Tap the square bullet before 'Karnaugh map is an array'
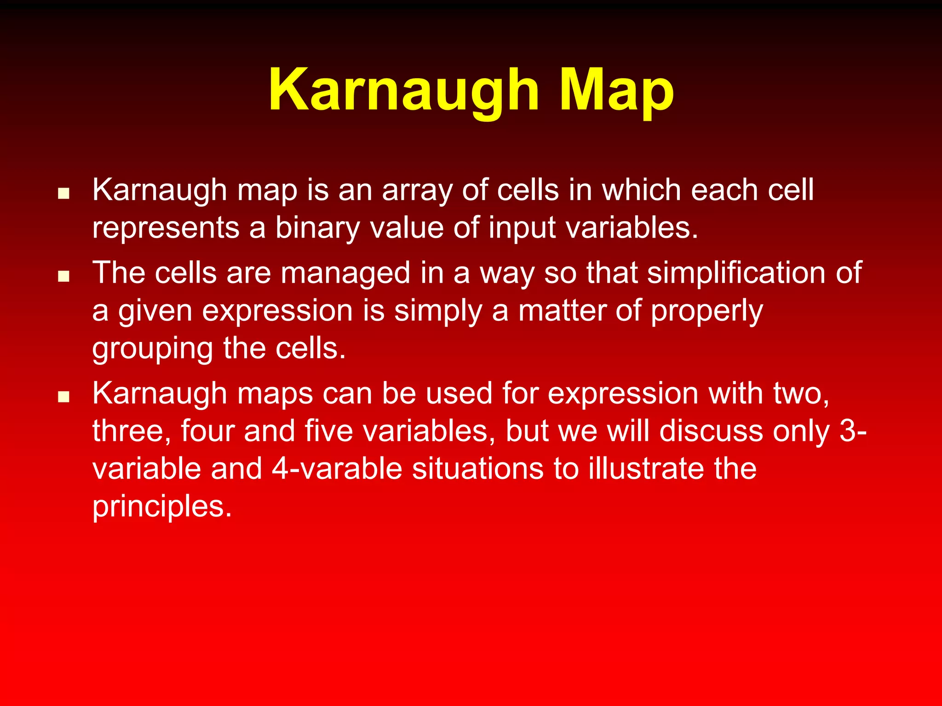point(63,193)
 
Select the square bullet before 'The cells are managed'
point(63,276)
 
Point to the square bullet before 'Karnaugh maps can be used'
point(63,396)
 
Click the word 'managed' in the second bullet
point(345,273)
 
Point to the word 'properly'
point(707,312)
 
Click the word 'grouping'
point(152,349)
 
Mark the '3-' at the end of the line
point(853,431)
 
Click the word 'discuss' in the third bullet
point(711,431)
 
